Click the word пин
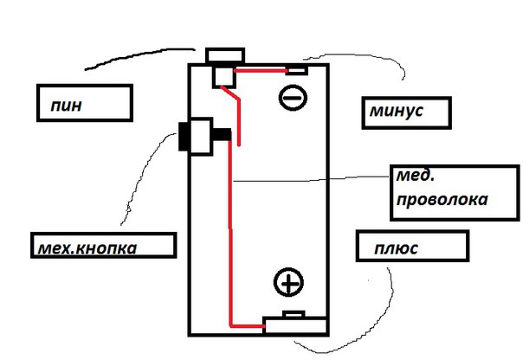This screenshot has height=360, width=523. point(66,106)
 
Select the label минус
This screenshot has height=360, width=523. point(397,111)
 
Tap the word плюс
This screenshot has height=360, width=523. point(396,248)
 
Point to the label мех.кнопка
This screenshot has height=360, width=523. point(87,248)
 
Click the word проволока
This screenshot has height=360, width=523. point(442,200)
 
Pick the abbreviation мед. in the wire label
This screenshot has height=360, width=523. point(416,176)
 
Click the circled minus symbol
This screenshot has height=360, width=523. point(293,98)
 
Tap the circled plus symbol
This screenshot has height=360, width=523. point(288,282)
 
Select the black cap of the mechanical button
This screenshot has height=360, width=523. point(184,137)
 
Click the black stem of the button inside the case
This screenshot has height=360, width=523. point(221,134)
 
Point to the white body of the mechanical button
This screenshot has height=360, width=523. point(201,137)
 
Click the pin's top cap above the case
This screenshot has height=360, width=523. point(225,56)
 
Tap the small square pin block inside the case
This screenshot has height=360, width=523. point(224,77)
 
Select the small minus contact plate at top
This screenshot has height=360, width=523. point(296,71)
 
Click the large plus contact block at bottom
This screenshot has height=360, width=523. point(294,325)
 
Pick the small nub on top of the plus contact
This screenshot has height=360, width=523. point(294,314)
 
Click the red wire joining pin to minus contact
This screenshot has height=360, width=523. point(261,70)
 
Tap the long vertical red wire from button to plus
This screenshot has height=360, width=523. point(230,230)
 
